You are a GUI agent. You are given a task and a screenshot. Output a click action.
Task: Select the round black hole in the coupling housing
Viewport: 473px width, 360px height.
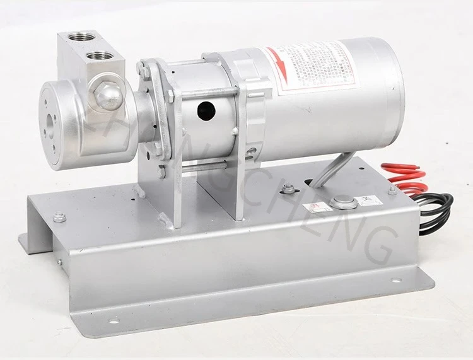click(205, 112)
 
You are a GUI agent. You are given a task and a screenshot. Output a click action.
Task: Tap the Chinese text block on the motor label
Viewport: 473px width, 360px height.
click(315, 69)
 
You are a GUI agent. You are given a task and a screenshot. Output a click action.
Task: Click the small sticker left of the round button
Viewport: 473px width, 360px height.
click(315, 207)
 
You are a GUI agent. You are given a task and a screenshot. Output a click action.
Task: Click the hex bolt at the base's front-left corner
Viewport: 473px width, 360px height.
click(60, 217)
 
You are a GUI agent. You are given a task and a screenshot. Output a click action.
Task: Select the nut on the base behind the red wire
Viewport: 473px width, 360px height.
click(392, 190)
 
